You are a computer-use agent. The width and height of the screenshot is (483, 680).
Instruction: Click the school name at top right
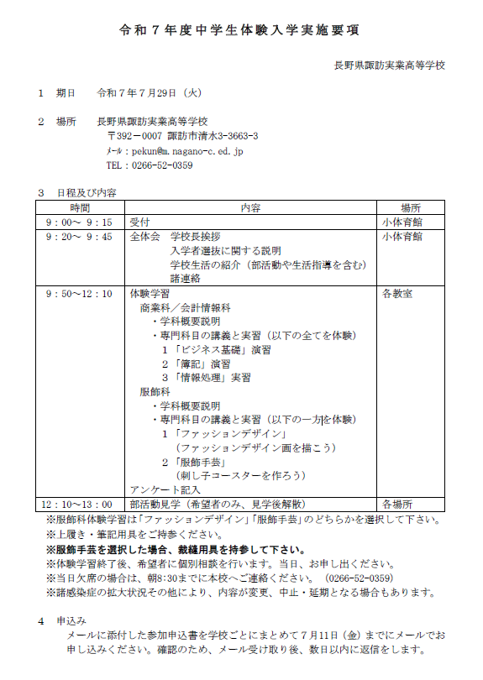click(390, 65)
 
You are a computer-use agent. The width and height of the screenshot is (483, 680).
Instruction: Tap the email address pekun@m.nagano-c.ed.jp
click(184, 151)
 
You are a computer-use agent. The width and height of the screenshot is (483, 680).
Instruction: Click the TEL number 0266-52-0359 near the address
click(161, 165)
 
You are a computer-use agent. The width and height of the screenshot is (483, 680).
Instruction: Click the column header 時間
click(81, 207)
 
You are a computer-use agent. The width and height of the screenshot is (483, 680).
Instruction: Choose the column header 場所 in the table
click(411, 207)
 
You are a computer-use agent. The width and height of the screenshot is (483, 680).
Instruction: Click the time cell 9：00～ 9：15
click(81, 222)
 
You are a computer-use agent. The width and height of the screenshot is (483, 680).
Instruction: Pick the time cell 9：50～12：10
click(81, 294)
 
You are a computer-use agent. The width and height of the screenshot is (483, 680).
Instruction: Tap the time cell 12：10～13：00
click(81, 504)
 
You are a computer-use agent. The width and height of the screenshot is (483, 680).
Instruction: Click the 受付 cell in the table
click(139, 222)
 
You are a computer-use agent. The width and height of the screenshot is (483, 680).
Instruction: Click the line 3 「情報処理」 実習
click(206, 378)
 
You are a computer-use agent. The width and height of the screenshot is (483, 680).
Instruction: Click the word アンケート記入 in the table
click(164, 489)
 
